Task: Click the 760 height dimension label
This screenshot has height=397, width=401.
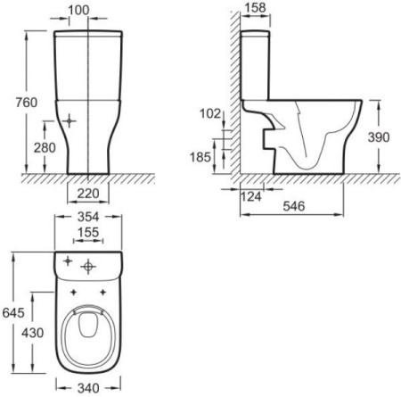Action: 27,103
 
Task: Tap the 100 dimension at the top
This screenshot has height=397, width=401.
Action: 78,10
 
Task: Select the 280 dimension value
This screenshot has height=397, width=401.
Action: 45,148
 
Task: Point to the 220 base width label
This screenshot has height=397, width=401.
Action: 88,194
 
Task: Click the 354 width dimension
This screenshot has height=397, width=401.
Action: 88,217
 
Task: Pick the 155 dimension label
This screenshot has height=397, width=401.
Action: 88,233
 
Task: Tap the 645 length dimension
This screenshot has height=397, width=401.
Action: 13,312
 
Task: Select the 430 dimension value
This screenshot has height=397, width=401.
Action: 33,333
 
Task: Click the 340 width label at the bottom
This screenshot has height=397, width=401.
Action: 88,388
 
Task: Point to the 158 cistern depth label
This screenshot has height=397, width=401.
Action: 256,8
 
